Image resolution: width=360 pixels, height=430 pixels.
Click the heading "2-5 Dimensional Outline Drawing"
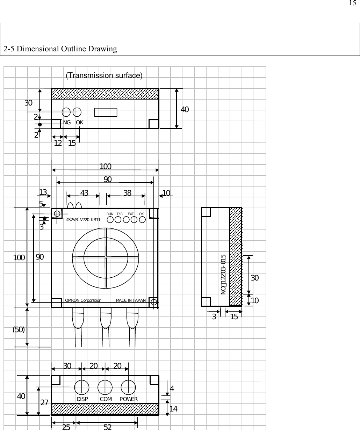[60, 49]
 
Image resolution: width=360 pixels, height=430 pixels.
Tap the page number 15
[352, 3]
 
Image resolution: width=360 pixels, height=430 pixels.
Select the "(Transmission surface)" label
[104, 76]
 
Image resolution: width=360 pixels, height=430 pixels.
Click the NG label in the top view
[67, 123]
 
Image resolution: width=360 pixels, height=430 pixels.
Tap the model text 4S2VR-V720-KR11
[83, 220]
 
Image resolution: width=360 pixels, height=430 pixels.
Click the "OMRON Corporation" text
[83, 300]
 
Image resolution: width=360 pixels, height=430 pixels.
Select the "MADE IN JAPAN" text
[131, 300]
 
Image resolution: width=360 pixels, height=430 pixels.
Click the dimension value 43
[84, 193]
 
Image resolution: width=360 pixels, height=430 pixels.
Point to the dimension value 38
[127, 193]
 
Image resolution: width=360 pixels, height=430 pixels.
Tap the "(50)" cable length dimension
[19, 329]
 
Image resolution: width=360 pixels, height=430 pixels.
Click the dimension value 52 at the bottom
[108, 427]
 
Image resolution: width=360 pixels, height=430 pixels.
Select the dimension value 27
[44, 403]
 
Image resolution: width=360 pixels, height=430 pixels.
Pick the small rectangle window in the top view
[106, 112]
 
